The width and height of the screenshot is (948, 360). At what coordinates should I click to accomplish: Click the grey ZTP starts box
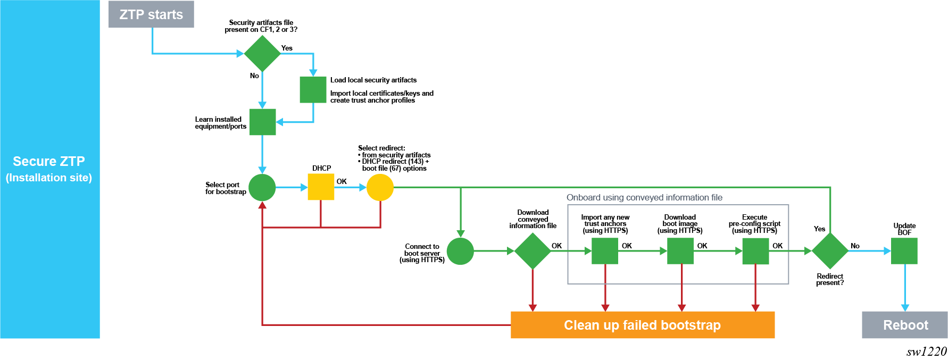coord(151,14)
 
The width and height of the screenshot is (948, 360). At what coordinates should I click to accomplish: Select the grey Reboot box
coord(905,325)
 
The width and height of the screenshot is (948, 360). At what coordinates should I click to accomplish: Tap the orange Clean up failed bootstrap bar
coord(642,325)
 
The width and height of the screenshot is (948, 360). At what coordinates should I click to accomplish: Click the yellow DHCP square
coord(321,187)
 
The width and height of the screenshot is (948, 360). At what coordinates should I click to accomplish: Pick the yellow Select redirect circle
coord(380,187)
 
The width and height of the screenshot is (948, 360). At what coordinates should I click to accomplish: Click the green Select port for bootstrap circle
coord(262,187)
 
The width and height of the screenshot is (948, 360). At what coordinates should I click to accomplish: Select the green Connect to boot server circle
coord(460,251)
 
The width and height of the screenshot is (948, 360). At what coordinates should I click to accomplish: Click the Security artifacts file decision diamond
coord(262,53)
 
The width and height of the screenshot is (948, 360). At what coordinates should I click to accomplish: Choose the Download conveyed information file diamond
coord(533,251)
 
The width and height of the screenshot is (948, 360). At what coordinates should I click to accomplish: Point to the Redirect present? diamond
coord(830,251)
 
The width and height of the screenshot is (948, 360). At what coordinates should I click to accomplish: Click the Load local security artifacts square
coord(313,90)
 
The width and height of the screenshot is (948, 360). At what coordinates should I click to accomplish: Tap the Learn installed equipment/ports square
coord(262,122)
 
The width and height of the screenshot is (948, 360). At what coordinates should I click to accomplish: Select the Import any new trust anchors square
coord(605,251)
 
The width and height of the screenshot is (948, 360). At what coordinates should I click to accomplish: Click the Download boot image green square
coord(680,251)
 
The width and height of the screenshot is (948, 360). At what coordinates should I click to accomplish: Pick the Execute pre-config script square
coord(755,251)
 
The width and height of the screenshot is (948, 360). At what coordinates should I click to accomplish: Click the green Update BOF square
coord(904,251)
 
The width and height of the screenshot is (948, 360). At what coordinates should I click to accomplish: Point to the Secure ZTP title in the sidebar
coord(49,162)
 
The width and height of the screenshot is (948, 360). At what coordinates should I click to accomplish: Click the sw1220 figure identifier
coord(927,351)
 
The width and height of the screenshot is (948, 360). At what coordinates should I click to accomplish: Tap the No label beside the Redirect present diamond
coord(855,246)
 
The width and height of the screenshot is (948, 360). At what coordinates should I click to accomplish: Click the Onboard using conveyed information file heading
coord(644,198)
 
